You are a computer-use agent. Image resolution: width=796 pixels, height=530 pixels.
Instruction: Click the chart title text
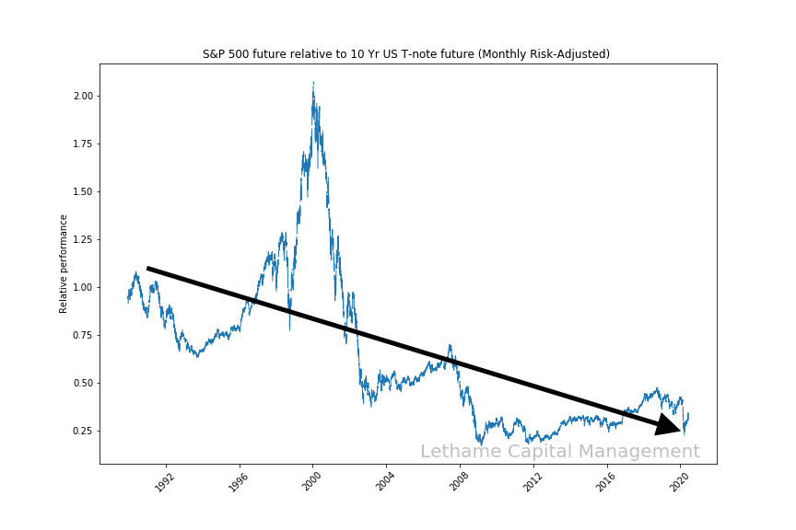(406, 54)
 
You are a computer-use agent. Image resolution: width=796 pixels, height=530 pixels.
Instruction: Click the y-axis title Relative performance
(64, 263)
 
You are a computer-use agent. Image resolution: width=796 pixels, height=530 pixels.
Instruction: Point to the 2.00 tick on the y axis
(83, 96)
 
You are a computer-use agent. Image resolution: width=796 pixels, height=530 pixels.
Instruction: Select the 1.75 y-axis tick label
(83, 144)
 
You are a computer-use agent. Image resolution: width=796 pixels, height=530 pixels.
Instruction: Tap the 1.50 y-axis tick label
(83, 191)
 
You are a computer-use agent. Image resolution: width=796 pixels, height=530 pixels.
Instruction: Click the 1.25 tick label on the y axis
(83, 239)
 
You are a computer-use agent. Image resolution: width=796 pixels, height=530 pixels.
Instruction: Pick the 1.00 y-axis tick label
(83, 287)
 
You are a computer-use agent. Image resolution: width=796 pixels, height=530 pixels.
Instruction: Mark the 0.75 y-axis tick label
(83, 335)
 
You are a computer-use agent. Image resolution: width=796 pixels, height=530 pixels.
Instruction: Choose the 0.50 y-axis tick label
(83, 383)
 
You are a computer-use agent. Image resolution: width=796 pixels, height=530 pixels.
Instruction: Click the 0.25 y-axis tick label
(83, 431)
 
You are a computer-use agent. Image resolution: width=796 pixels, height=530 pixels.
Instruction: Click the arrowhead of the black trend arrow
(670, 425)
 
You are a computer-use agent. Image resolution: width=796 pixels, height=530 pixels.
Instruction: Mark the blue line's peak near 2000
(313, 84)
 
